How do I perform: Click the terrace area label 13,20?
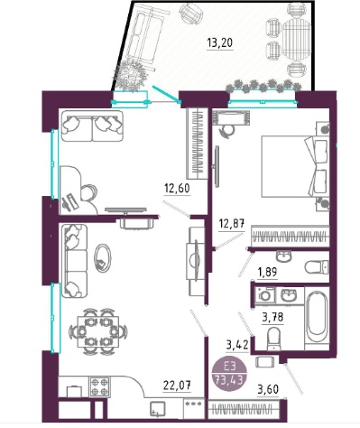pyautogui.click(x=220, y=43)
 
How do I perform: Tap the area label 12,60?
pyautogui.click(x=177, y=189)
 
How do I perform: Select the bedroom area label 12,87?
pyautogui.click(x=232, y=224)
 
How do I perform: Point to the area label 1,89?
pyautogui.click(x=267, y=272)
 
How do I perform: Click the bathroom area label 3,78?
pyautogui.click(x=272, y=317)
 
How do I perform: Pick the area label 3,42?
pyautogui.click(x=237, y=345)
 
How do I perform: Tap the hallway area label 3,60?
pyautogui.click(x=268, y=389)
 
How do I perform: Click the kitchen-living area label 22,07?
pyautogui.click(x=177, y=385)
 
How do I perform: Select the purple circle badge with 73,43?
pyautogui.click(x=230, y=373)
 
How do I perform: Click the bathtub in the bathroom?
pyautogui.click(x=317, y=318)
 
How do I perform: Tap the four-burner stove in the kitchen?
pyautogui.click(x=99, y=387)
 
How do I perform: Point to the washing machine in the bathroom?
pyautogui.click(x=265, y=294)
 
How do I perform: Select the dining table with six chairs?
pyautogui.click(x=97, y=331)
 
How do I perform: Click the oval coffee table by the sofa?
pyautogui.click(x=102, y=258)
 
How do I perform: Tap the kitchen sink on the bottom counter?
pyautogui.click(x=158, y=409)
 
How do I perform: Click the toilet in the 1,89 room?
pyautogui.click(x=317, y=266)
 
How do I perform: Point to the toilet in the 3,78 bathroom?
pyautogui.click(x=273, y=339)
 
